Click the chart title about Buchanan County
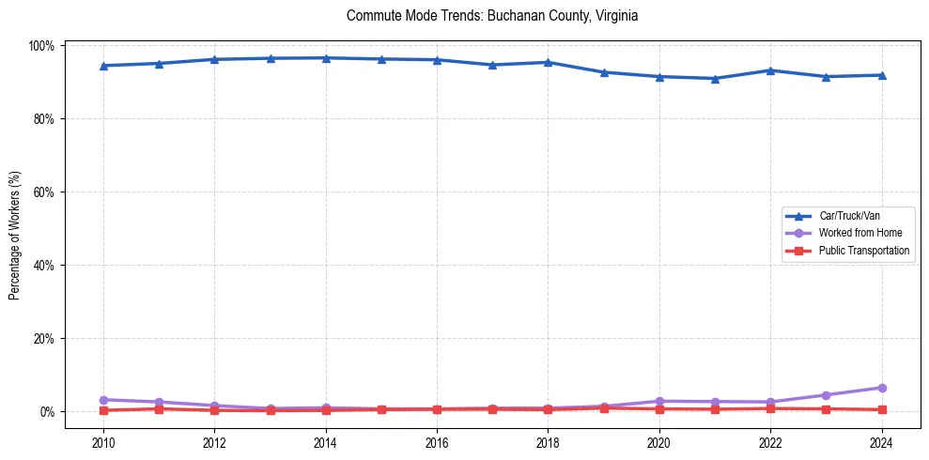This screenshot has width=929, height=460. coord(492,16)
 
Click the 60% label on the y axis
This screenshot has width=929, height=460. coord(45,192)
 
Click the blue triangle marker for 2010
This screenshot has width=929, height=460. coord(103,66)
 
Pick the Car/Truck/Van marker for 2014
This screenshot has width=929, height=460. coord(326,58)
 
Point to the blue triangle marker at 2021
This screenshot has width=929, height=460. coord(715,79)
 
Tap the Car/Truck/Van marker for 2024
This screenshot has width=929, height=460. coord(881,75)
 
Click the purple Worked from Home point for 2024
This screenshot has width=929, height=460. coord(881,388)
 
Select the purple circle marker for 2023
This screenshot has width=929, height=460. coord(826,395)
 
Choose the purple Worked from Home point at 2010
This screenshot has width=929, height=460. coord(103,400)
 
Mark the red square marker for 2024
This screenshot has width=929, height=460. coord(881,409)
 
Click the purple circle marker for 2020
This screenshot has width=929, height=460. coord(659,402)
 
